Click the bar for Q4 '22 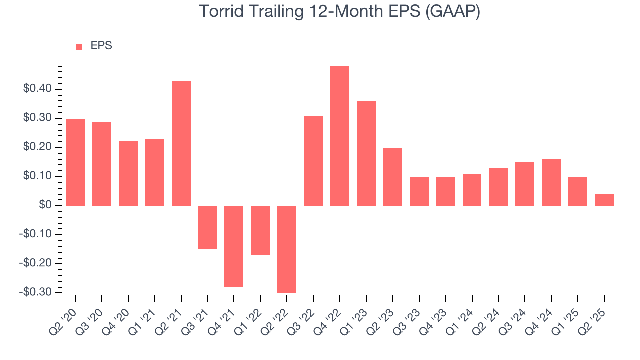(340, 136)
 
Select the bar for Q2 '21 (181, 143)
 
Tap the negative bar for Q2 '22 (287, 249)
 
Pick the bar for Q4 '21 (234, 246)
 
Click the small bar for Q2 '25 (604, 200)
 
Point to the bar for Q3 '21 (208, 227)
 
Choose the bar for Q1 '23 (366, 153)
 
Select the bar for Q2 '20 (75, 162)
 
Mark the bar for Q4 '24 (551, 182)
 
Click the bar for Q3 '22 (313, 161)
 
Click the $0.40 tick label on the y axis (37, 89)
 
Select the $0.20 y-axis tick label (37, 147)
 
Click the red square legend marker (79, 46)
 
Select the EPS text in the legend (101, 46)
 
